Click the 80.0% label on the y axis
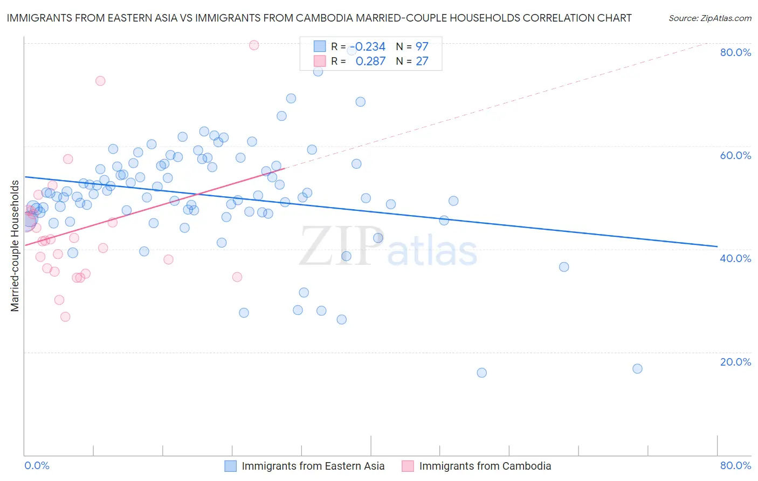tap(735, 52)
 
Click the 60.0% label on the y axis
tap(735, 155)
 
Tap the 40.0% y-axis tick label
tap(735, 258)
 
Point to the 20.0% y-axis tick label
tap(735, 362)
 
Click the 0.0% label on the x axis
tap(37, 465)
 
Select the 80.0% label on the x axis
tap(735, 465)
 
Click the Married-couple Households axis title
tap(15, 246)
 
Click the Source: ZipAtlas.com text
tap(709, 18)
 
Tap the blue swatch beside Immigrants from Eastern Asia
tap(231, 466)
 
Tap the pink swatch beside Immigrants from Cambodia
tap(408, 466)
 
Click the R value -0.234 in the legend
tap(370, 47)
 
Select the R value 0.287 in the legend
tap(370, 61)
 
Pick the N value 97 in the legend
tap(422, 47)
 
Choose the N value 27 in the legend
tap(422, 61)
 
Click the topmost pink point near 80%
tap(254, 45)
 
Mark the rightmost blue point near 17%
tap(637, 369)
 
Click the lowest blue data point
tap(482, 373)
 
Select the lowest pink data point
tap(65, 317)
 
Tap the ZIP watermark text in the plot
tap(342, 246)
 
